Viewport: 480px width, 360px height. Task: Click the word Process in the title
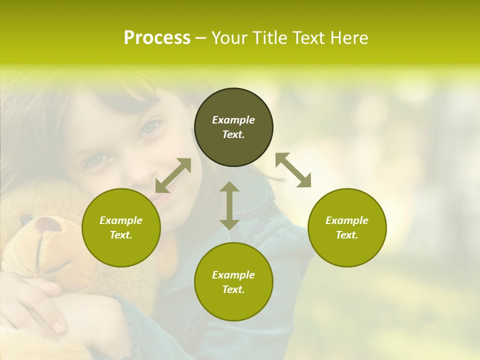click(157, 38)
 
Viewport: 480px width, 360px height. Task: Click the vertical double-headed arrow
click(229, 205)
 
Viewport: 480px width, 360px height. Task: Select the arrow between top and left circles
click(173, 175)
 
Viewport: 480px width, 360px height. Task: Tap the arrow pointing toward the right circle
click(293, 170)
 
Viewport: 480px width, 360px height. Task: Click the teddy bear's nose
click(47, 223)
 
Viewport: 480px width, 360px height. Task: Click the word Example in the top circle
click(233, 120)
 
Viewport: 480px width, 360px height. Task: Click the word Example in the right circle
click(347, 220)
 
